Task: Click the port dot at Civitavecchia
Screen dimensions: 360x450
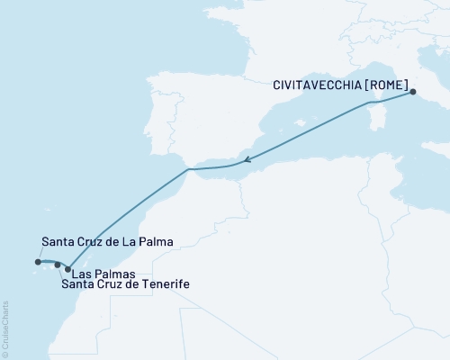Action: pos(413,92)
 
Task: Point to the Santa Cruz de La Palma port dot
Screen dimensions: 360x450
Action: pos(38,263)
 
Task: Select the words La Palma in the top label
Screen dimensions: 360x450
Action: pos(148,241)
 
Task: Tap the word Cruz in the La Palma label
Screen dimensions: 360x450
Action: pos(95,241)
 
